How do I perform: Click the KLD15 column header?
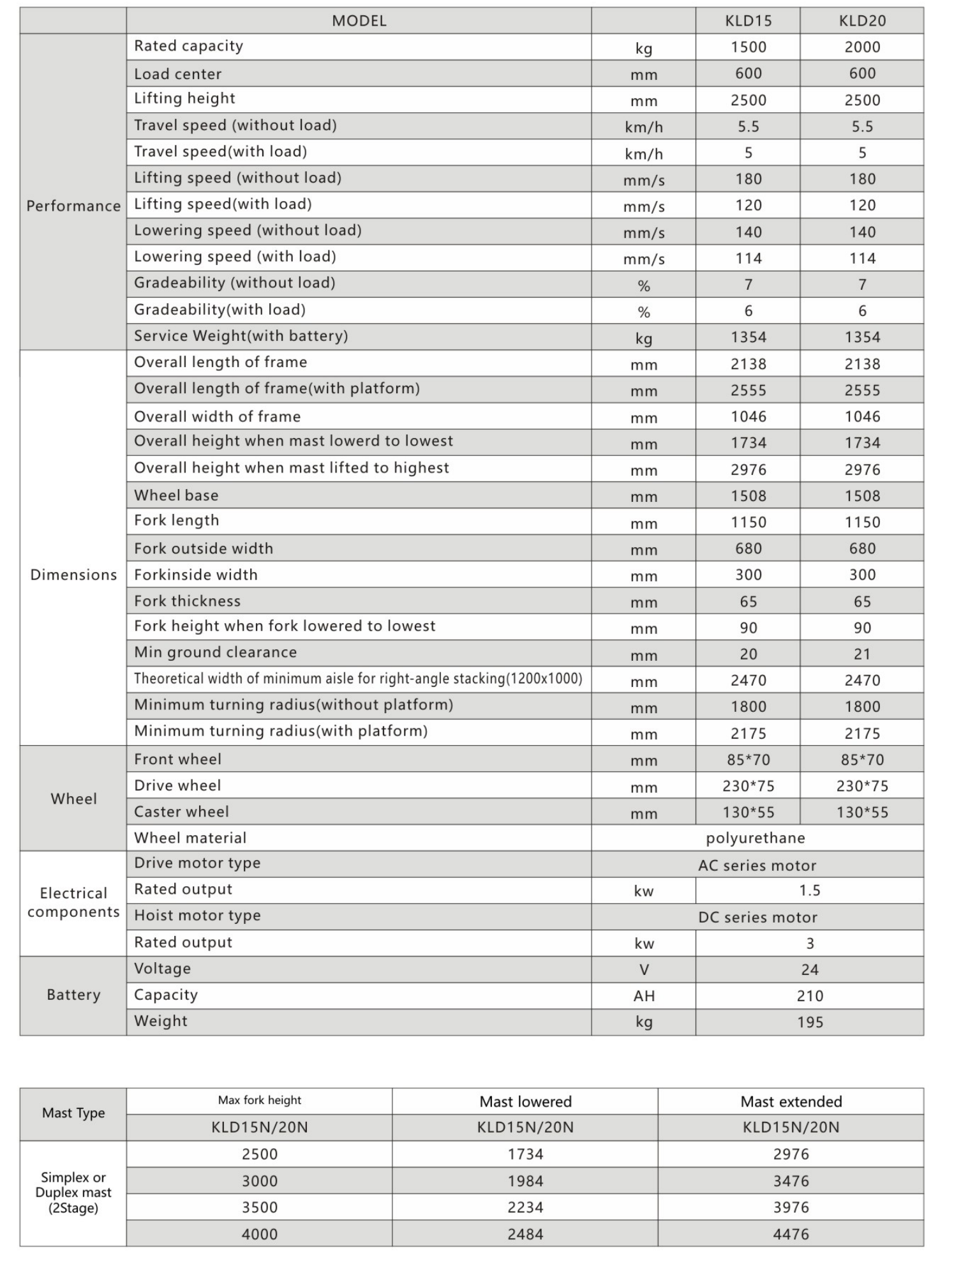tap(748, 21)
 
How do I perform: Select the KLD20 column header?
tap(861, 21)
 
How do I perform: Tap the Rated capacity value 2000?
tap(861, 47)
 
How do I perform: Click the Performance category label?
tap(73, 206)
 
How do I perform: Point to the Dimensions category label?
tap(73, 575)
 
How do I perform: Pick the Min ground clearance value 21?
tap(861, 654)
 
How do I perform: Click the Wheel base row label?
tap(176, 495)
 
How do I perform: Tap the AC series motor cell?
tap(757, 866)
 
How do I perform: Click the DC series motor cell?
tap(757, 917)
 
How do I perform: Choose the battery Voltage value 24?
tap(809, 970)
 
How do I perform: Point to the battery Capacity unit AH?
tap(643, 996)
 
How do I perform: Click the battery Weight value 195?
tap(809, 1022)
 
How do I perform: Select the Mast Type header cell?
tap(73, 1113)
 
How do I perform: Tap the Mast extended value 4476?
tap(791, 1234)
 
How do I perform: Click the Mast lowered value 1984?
tap(525, 1181)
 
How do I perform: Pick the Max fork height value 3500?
tap(259, 1207)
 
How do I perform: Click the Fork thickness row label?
tap(187, 601)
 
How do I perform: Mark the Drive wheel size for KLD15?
tap(748, 786)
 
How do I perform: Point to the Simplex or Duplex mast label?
tap(73, 1193)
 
